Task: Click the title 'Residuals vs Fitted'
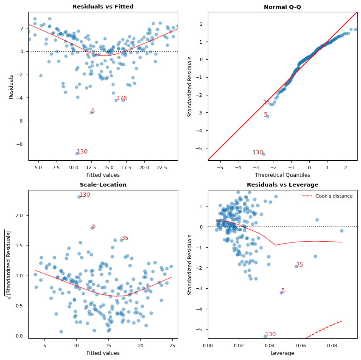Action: coord(103,7)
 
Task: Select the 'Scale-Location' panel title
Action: coord(103,185)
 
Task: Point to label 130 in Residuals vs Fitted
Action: coord(82,152)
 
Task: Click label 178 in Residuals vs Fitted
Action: coord(121,98)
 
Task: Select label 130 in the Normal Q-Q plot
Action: coord(257,153)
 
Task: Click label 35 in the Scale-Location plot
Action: coord(125,238)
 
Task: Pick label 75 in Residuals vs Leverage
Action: coord(299,265)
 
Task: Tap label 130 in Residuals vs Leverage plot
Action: coord(270,335)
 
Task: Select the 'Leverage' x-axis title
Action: coord(282,353)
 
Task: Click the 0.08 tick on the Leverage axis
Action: coord(332,346)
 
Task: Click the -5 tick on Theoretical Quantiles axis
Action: coord(220,167)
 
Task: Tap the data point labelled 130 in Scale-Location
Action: coord(79,197)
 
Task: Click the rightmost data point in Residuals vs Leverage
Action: coord(341,231)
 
